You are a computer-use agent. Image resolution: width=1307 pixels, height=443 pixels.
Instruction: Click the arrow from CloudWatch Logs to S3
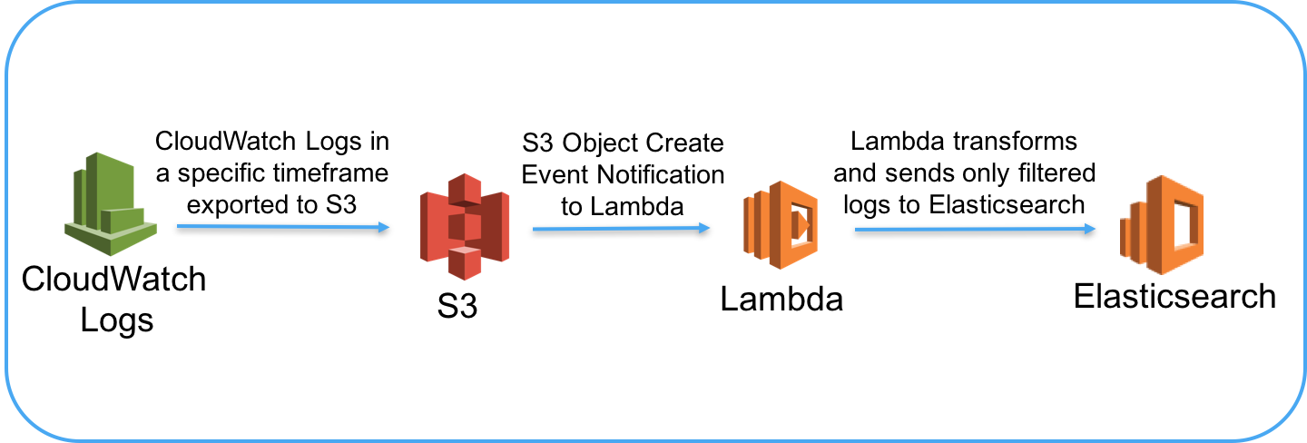click(282, 227)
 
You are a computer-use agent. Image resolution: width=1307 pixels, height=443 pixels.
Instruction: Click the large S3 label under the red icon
click(457, 307)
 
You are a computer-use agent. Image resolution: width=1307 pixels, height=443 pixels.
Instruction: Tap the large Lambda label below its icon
click(781, 299)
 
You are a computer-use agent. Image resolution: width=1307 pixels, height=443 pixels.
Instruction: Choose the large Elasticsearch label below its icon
click(1174, 296)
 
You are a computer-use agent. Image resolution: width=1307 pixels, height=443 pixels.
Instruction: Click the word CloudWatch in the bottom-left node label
click(114, 279)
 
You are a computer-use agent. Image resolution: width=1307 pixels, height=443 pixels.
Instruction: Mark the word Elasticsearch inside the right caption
click(1007, 204)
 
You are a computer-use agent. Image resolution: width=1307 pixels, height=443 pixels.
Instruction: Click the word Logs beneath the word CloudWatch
click(117, 320)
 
